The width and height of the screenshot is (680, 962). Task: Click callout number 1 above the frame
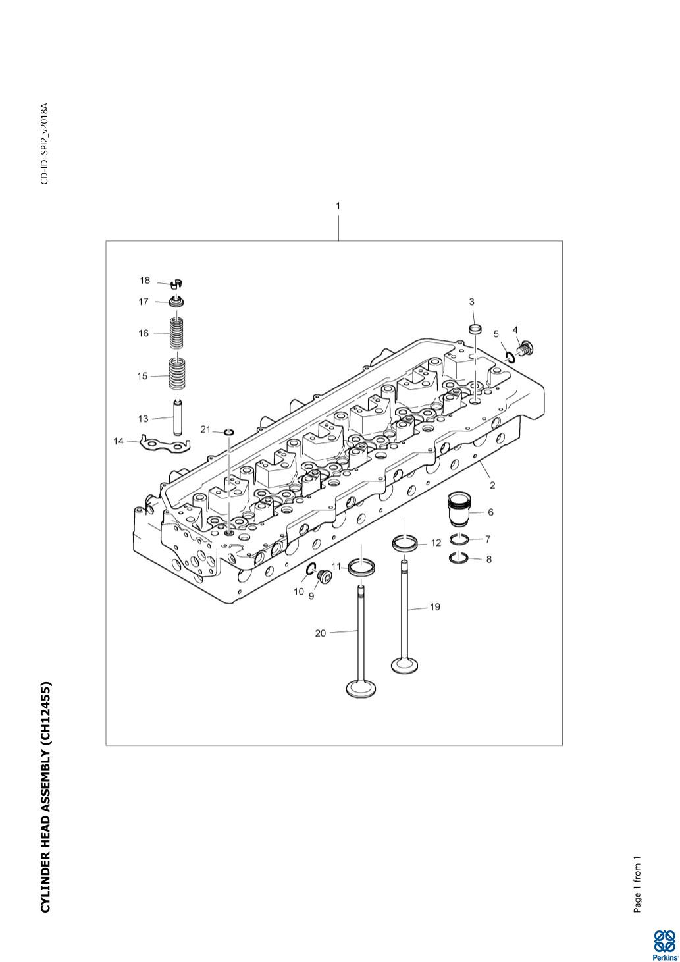coord(338,206)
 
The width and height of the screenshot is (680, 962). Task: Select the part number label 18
coord(145,281)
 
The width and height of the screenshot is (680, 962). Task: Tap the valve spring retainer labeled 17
coord(177,301)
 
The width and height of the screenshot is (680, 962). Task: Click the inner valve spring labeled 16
coord(177,333)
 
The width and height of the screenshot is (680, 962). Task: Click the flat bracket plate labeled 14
coord(165,444)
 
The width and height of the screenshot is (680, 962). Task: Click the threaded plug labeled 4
coord(526,348)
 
